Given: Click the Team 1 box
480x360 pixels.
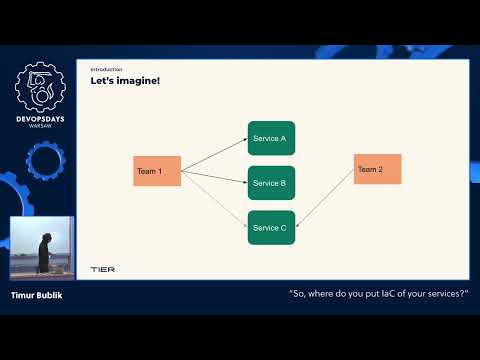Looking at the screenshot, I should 157,171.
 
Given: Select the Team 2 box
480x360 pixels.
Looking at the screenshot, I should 377,169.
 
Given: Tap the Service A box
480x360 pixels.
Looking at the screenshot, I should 271,138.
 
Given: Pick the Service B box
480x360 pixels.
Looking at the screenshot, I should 271,183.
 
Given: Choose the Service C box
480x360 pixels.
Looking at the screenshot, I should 271,228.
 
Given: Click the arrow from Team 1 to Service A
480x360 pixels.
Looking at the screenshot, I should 214,154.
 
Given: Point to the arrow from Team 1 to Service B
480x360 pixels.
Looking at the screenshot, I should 214,177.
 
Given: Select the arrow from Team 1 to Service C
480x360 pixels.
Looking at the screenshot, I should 214,199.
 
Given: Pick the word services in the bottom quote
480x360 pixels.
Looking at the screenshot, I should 446,295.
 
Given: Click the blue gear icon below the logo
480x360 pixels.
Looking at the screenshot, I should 43,161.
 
